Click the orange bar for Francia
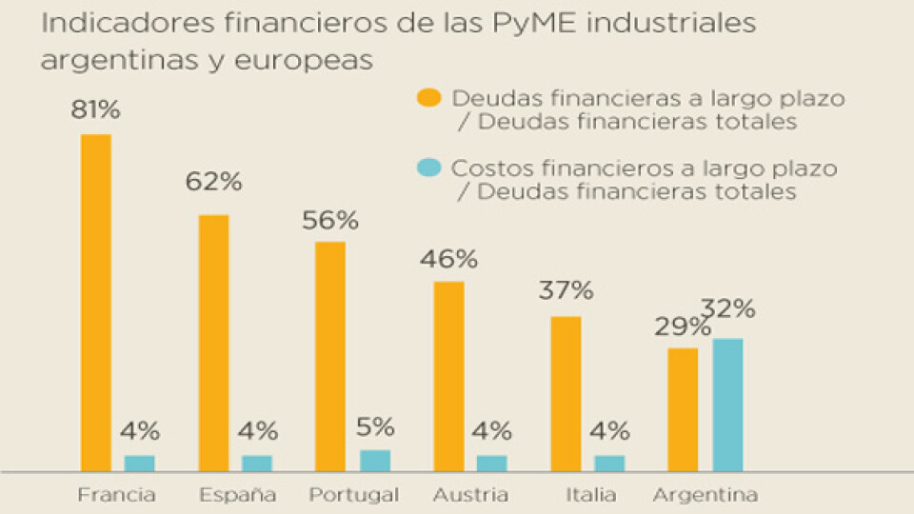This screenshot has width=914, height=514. [x=95, y=303]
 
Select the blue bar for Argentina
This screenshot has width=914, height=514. [x=727, y=405]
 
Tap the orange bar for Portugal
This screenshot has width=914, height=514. [x=330, y=357]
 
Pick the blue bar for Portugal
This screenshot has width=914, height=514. [x=375, y=461]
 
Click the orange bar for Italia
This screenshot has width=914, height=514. [x=566, y=394]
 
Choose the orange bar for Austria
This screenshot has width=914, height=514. [x=448, y=376]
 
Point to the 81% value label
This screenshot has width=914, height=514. [x=95, y=110]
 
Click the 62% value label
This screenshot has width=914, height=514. [x=214, y=181]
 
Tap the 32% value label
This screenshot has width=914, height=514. [x=728, y=309]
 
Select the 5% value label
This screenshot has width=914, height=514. [x=375, y=427]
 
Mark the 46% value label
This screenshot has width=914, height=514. [x=450, y=259]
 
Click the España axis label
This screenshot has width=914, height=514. [x=238, y=495]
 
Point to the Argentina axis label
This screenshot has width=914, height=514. [x=705, y=495]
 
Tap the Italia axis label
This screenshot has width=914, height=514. [x=590, y=495]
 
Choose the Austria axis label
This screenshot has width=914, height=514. [x=470, y=495]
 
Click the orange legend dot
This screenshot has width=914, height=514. [x=429, y=98]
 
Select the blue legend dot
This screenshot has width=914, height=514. [x=429, y=168]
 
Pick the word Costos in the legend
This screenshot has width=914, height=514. [x=484, y=168]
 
